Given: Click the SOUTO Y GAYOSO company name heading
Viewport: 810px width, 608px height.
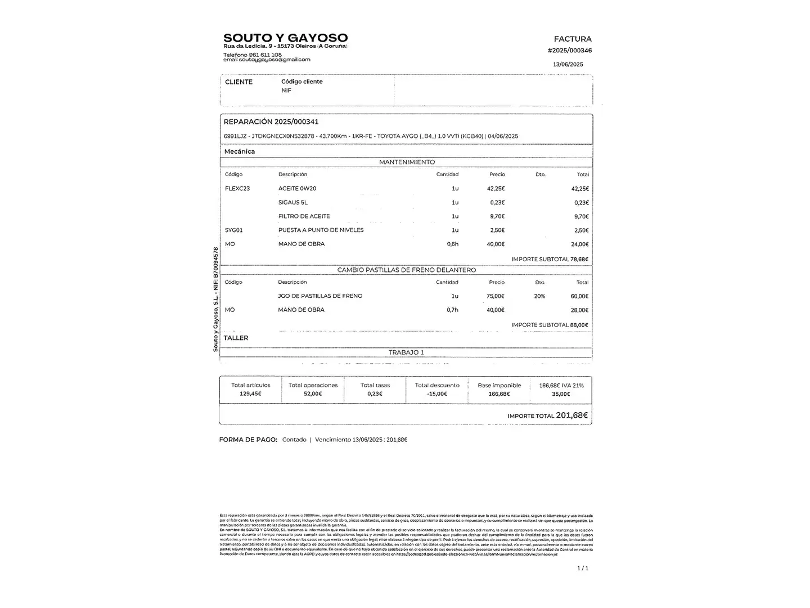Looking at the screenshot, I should [x=285, y=38].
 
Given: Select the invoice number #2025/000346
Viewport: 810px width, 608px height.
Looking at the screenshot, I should [x=569, y=51].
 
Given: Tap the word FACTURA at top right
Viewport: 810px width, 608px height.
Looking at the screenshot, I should [x=573, y=39].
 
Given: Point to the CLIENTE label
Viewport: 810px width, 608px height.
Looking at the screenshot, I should [x=238, y=82].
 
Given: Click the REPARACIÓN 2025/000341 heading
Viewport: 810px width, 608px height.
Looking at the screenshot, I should [x=271, y=122].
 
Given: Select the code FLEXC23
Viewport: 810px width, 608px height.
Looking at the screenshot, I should [x=237, y=189].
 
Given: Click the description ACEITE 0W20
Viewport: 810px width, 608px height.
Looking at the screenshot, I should [x=297, y=189].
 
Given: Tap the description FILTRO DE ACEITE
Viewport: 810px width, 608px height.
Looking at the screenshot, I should [x=304, y=216].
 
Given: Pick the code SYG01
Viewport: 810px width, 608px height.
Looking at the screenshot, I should [x=234, y=230].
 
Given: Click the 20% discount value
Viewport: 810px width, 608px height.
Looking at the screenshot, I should [x=539, y=296].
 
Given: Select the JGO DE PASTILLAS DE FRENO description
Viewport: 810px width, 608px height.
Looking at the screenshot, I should [x=320, y=296].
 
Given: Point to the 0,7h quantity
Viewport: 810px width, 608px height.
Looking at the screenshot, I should [x=452, y=310].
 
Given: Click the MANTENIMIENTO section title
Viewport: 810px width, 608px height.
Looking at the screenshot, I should [x=407, y=162].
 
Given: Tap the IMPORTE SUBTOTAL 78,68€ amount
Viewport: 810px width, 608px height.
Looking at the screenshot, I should [x=579, y=260].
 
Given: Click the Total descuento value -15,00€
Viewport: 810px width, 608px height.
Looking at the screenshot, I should [x=437, y=394].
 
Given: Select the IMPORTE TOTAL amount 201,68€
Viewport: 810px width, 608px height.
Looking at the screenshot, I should [x=571, y=415].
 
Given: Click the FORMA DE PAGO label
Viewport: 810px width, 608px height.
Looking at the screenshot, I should [x=248, y=440].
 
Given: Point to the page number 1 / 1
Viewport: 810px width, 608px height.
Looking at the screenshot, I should [x=583, y=569].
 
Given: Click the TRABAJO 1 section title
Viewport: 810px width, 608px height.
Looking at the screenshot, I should [x=406, y=352].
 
